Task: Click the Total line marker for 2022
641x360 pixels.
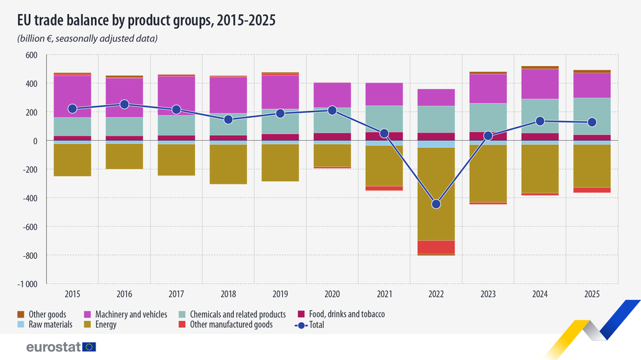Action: pos(436,204)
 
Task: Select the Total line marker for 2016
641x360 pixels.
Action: pos(124,104)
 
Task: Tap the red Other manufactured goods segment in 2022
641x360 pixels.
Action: pos(436,247)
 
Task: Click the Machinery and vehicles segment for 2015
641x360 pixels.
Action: pos(72,96)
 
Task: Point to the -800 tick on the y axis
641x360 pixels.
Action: pos(29,256)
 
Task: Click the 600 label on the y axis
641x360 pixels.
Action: pos(31,55)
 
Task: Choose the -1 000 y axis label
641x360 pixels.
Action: pos(26,284)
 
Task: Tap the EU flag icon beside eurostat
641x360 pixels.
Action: pos(89,347)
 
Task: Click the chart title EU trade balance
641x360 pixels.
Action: pos(147,20)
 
